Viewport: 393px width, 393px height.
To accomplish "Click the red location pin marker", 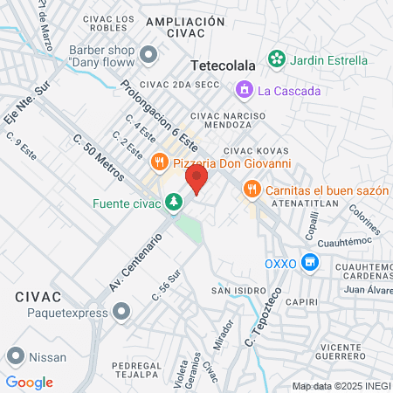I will pos(196,180).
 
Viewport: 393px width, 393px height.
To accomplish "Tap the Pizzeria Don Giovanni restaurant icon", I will pos(159,161).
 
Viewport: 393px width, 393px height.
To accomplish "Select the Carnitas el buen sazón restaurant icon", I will pos(252,187).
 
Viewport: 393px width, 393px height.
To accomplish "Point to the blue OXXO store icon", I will pos(308,262).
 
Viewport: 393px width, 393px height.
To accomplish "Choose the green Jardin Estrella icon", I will pos(277,59).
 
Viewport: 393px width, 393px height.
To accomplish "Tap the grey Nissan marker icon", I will pos(15,355).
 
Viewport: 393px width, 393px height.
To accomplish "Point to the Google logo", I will pos(29,383).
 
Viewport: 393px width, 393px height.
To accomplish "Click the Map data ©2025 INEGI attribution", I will pos(341,386).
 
